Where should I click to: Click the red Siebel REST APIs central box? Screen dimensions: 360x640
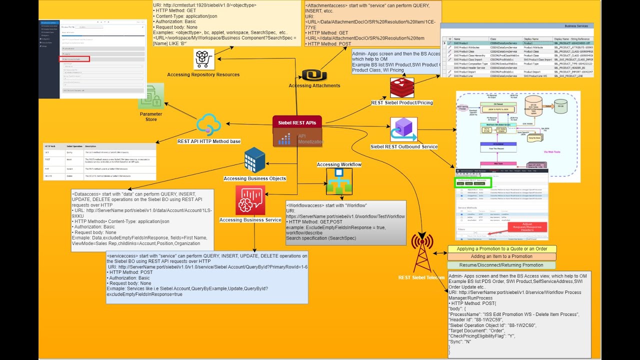click(297, 122)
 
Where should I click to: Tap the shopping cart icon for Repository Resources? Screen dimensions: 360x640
click(204, 59)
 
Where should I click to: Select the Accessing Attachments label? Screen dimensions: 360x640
click(314, 85)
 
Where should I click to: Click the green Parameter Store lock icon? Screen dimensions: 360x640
click(151, 96)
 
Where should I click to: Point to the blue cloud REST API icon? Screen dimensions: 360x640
click(209, 124)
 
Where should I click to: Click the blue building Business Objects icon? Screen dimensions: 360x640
click(254, 160)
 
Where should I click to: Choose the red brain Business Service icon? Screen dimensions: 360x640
click(250, 200)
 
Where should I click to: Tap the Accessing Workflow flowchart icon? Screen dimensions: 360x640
click(339, 181)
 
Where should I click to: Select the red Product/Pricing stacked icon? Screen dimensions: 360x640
click(402, 87)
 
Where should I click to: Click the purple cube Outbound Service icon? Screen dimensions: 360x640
click(403, 130)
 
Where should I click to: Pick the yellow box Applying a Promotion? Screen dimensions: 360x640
click(501, 249)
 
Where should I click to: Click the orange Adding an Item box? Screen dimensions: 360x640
click(501, 256)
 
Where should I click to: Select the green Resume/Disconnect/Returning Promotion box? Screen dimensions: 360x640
click(501, 265)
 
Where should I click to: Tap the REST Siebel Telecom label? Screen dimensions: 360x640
click(421, 277)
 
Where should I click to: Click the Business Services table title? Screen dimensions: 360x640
click(576, 25)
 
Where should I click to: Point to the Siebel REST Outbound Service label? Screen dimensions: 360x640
click(404, 147)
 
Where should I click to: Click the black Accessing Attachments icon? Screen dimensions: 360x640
click(314, 75)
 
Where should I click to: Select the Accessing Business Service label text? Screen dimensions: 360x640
click(250, 220)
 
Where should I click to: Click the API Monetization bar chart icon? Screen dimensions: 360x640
click(284, 139)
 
